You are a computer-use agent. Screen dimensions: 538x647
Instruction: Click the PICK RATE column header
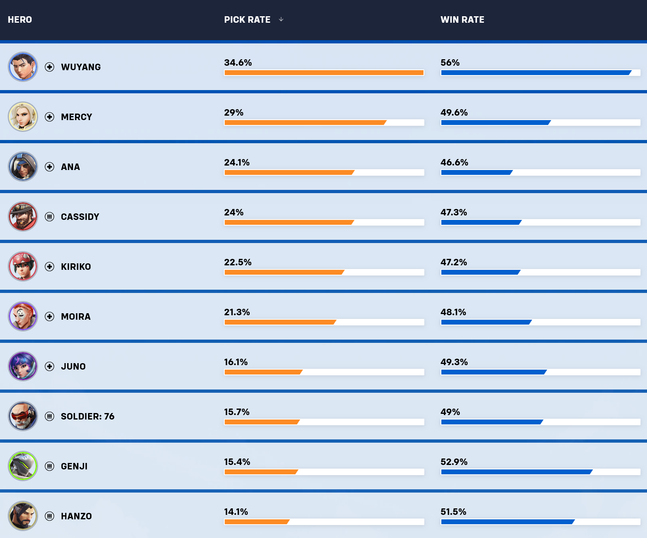(247, 19)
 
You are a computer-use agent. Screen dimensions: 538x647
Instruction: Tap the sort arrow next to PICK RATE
(281, 19)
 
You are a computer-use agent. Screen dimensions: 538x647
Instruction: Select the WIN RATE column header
(462, 19)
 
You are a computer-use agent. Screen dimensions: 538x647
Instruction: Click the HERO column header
(20, 19)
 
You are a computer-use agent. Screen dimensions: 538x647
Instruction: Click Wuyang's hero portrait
(23, 67)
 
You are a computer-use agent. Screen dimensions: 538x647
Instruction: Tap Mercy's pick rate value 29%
(234, 112)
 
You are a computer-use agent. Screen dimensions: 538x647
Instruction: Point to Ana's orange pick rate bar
(289, 172)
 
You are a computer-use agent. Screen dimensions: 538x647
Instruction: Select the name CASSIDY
(80, 217)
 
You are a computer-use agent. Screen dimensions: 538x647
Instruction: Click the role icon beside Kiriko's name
(49, 267)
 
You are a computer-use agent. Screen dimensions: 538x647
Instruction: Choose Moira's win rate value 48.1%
(453, 312)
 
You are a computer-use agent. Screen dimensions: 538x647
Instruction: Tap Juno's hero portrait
(23, 366)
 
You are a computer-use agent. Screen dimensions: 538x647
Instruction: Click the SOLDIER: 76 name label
(88, 416)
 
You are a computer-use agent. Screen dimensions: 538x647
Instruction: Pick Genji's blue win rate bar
(516, 472)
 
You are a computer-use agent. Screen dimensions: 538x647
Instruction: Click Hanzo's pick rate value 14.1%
(236, 512)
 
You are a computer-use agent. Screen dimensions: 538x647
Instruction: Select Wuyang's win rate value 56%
(450, 62)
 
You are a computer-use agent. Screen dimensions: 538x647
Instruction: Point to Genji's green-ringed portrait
(23, 466)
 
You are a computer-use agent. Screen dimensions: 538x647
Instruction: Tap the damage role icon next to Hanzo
(49, 516)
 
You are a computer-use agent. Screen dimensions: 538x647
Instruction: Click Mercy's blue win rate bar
(495, 123)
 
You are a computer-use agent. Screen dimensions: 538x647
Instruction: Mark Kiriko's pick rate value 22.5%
(238, 262)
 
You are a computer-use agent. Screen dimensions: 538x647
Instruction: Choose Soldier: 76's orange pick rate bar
(262, 422)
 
